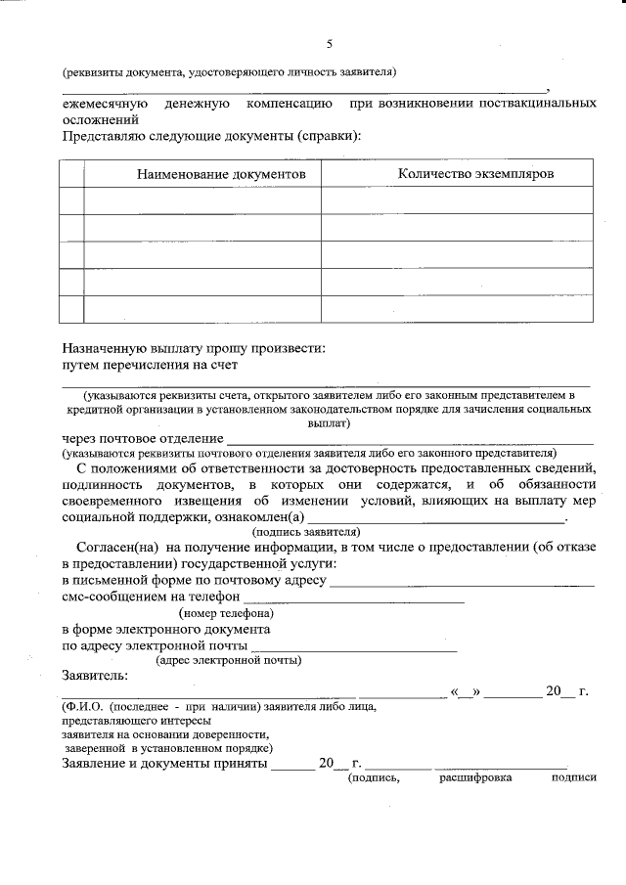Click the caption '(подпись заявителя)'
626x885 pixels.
(293, 532)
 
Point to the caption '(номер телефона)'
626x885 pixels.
(225, 613)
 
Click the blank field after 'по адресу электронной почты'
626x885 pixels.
(354, 646)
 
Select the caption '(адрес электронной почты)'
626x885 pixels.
(229, 660)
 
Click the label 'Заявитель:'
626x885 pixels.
(95, 676)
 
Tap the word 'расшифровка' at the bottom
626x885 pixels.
(475, 778)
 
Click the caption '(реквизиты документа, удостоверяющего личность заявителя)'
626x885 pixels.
(229, 71)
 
